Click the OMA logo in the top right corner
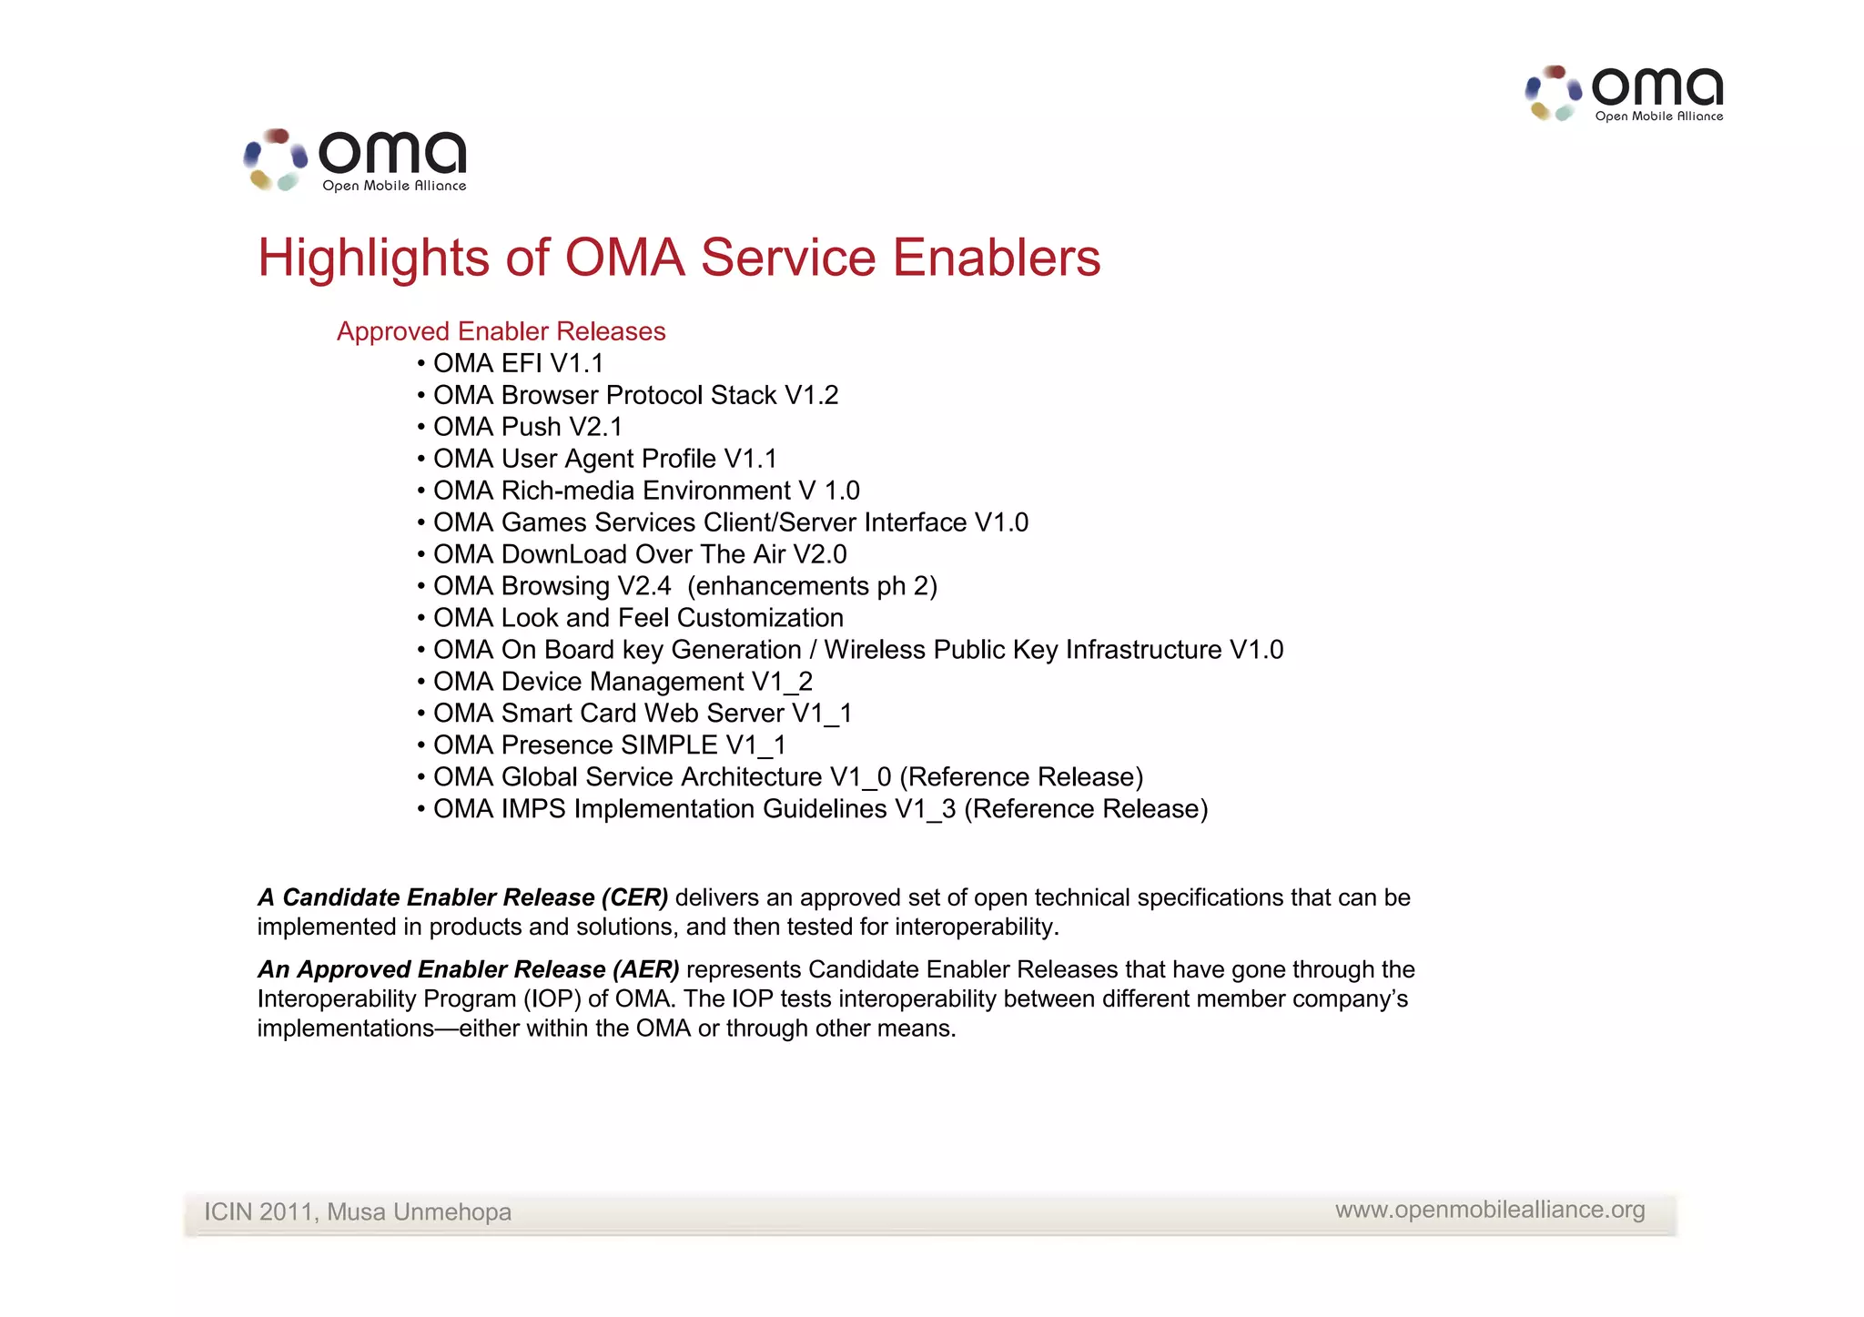pyautogui.click(x=1625, y=93)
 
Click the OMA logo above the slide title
pyautogui.click(x=355, y=160)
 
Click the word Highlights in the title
pyautogui.click(x=373, y=258)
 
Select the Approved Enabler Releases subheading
pyautogui.click(x=501, y=331)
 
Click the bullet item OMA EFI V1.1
pyautogui.click(x=518, y=363)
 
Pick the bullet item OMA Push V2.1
pyautogui.click(x=527, y=427)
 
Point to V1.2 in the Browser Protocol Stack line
pyautogui.click(x=811, y=395)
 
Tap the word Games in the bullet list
pyautogui.click(x=543, y=522)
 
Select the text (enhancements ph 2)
pyautogui.click(x=812, y=586)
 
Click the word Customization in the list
pyautogui.click(x=760, y=618)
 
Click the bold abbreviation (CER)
pyautogui.click(x=634, y=897)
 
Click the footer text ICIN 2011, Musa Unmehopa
pyautogui.click(x=357, y=1212)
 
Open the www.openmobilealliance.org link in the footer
pyautogui.click(x=1490, y=1210)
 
